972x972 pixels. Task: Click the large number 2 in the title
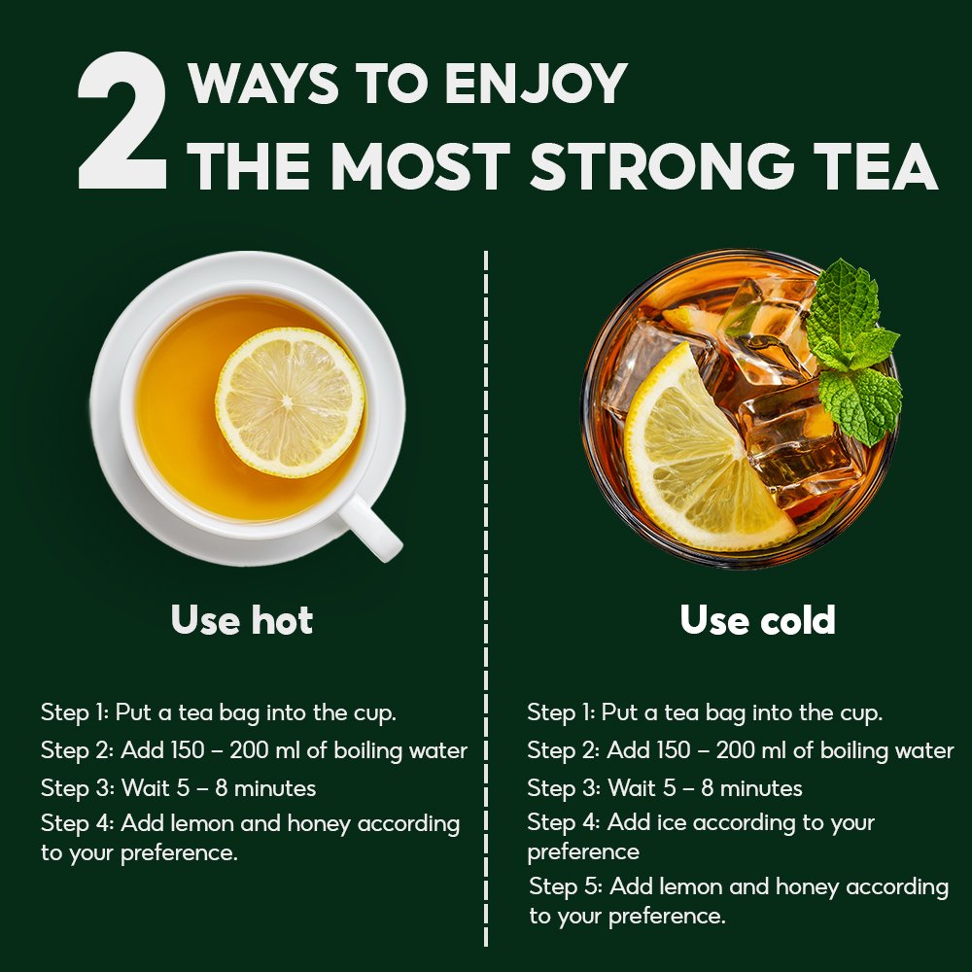(122, 121)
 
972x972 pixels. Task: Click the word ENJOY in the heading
(537, 83)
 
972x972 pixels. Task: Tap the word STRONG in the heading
(662, 167)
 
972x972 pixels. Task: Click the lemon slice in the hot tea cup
(290, 401)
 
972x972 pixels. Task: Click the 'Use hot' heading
(242, 619)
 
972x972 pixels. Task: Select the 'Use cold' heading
(757, 619)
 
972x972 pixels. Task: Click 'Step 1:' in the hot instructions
(75, 712)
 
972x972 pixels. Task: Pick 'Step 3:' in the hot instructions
(78, 788)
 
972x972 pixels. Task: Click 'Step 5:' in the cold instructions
(566, 887)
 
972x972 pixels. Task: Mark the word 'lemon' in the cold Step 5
(687, 887)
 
